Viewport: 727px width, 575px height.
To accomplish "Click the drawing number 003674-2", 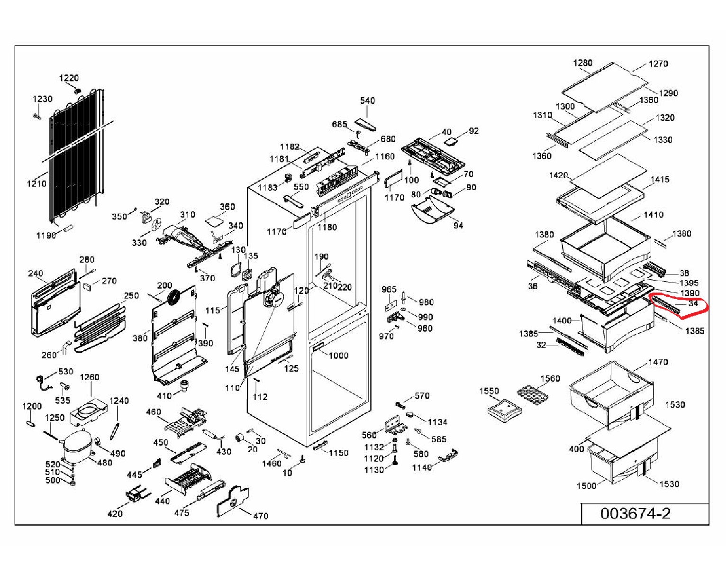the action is (x=635, y=513).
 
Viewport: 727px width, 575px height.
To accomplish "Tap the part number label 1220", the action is (x=69, y=78).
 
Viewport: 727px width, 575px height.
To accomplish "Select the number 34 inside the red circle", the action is (x=692, y=303).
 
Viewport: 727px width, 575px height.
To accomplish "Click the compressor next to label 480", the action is (x=77, y=446).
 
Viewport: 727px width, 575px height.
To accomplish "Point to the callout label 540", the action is (x=367, y=101).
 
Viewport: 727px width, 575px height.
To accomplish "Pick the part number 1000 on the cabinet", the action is (x=338, y=355).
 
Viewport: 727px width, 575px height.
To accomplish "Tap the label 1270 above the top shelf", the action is (x=658, y=64).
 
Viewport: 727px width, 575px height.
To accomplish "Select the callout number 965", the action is (x=389, y=289).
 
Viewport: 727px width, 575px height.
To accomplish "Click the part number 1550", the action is (x=489, y=391).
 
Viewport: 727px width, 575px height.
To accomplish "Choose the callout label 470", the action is (x=261, y=516).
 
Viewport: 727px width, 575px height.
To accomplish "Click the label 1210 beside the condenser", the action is (x=36, y=184).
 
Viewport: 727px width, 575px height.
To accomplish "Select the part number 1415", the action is (x=660, y=180).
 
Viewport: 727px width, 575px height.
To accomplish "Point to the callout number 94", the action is (x=458, y=226).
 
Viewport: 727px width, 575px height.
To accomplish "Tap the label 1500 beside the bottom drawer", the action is (x=586, y=486).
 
